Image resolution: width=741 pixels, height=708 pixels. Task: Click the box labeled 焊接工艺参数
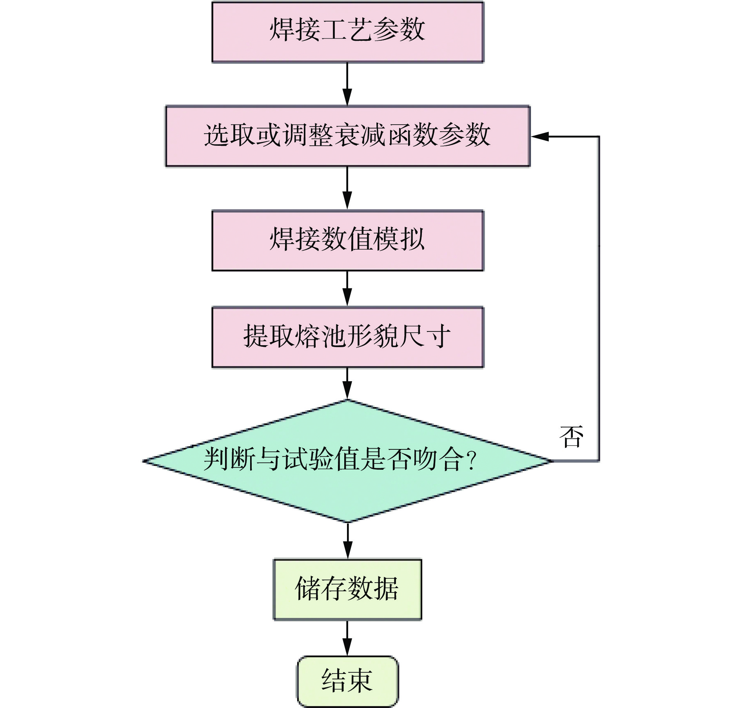[348, 32]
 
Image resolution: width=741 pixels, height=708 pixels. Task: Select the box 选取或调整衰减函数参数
[348, 136]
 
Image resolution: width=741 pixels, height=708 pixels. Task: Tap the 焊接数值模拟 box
[348, 240]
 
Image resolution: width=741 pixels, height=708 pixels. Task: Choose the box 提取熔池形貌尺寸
[348, 337]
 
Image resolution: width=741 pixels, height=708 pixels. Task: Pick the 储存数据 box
[347, 589]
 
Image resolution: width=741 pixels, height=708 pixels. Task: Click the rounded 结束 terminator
[347, 681]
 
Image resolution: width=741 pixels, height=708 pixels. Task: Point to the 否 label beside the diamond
[571, 437]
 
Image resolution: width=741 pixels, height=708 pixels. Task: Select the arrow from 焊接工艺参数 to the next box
[347, 84]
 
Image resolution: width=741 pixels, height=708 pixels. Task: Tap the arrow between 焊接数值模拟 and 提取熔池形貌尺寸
[347, 288]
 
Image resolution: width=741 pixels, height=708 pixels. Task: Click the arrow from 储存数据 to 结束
[347, 638]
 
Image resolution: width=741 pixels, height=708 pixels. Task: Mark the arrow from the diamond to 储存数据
[348, 541]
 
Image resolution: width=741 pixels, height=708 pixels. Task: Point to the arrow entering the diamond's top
[347, 384]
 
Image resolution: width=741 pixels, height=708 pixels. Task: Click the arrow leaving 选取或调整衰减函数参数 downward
[347, 188]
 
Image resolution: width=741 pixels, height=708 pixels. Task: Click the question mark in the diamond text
[472, 460]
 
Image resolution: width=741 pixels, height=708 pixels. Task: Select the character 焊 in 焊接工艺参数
[282, 30]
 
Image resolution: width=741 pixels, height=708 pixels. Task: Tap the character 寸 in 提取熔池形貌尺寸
[438, 336]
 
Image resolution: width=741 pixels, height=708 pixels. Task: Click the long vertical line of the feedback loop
[599, 298]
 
